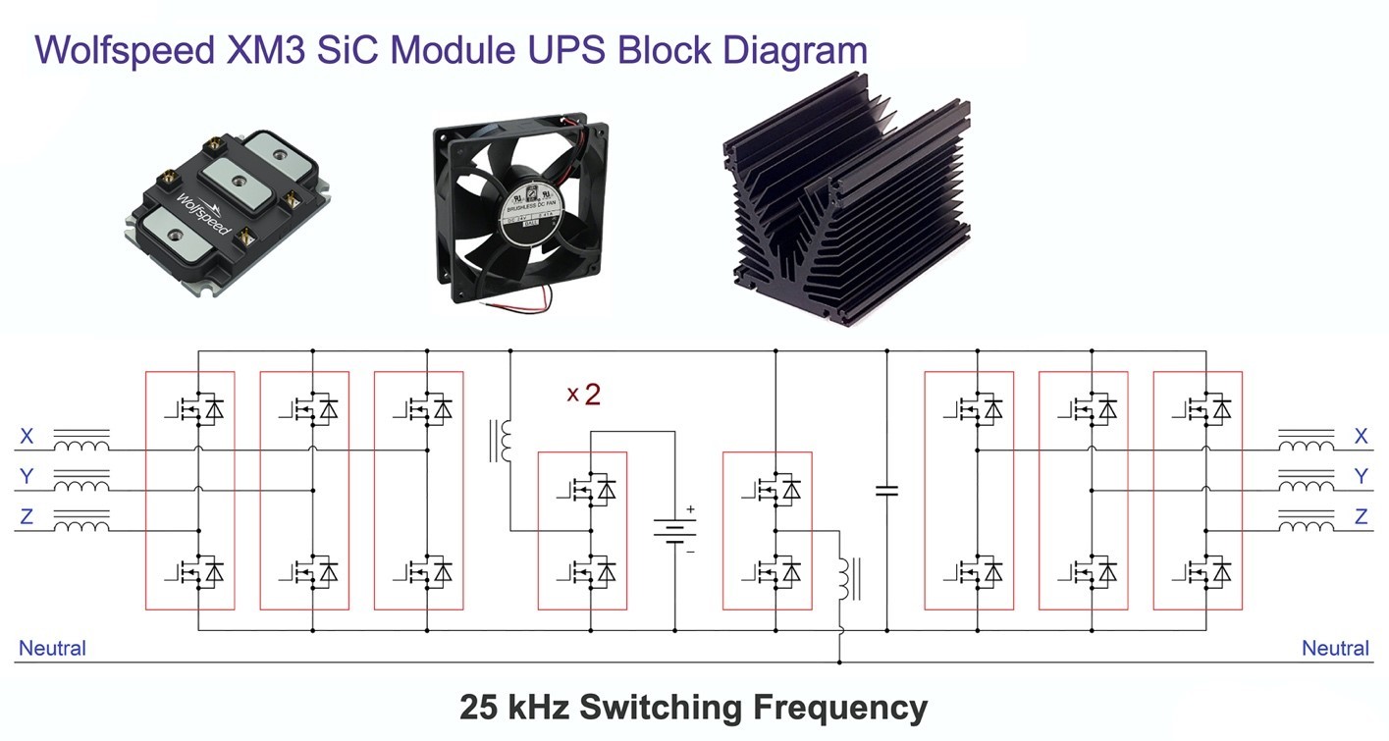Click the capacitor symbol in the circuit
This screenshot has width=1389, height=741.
point(886,490)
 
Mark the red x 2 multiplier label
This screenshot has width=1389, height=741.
point(583,395)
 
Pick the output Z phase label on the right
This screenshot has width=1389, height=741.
point(1361,516)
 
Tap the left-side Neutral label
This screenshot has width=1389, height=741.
point(52,648)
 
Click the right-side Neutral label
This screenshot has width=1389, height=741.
point(1335,648)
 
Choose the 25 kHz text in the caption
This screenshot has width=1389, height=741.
point(513,707)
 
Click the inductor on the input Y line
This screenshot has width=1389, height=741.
point(81,485)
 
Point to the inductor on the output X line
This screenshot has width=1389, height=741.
point(1306,443)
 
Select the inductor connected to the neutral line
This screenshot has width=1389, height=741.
point(844,579)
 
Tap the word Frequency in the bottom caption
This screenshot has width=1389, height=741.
point(839,707)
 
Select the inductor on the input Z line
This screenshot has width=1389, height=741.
point(81,525)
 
